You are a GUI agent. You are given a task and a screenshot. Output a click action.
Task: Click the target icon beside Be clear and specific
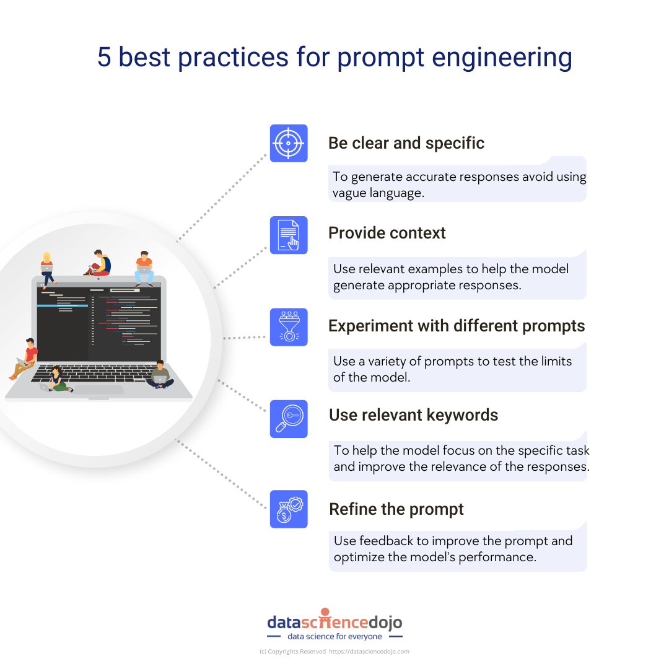289,143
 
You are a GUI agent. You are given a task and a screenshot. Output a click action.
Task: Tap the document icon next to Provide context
289,235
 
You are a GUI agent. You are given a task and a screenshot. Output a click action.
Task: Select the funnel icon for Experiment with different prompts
289,327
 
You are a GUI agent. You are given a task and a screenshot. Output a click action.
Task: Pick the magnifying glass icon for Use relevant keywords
289,419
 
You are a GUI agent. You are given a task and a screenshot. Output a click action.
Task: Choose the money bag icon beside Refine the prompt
289,509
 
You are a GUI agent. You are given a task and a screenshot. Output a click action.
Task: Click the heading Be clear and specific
406,143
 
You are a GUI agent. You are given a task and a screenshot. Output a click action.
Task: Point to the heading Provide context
387,233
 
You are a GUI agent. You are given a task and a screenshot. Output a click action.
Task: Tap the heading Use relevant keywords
413,415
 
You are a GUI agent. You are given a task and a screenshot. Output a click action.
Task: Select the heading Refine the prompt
396,509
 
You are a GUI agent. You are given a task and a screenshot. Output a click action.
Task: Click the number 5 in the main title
104,58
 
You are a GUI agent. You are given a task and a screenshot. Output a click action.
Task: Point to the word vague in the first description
350,193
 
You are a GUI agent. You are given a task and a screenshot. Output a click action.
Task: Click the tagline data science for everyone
334,636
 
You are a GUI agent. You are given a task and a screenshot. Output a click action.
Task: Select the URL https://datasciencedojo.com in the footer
369,652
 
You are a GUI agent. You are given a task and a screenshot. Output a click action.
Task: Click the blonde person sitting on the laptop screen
47,269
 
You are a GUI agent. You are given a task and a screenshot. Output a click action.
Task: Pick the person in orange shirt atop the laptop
144,268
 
